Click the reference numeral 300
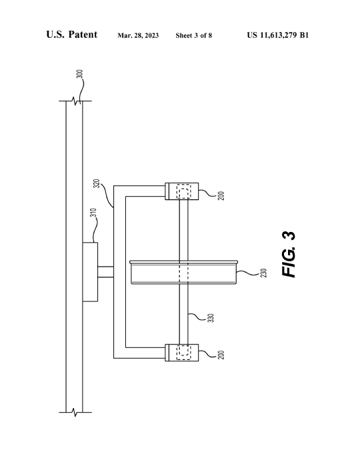click(79, 74)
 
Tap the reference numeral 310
click(93, 213)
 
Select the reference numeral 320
click(97, 183)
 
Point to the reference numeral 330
click(211, 318)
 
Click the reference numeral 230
click(263, 273)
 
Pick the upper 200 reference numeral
click(221, 196)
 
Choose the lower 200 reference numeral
click(221, 355)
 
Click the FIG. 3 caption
click(289, 255)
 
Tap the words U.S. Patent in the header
click(71, 35)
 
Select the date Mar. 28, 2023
click(138, 35)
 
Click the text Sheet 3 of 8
click(194, 35)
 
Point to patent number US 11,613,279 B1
click(278, 35)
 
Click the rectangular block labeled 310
click(90, 272)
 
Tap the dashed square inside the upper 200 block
click(184, 191)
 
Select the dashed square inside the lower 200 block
click(184, 353)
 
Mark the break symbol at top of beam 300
click(75, 101)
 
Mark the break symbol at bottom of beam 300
click(75, 412)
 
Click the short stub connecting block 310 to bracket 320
click(105, 272)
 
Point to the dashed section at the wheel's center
click(184, 273)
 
